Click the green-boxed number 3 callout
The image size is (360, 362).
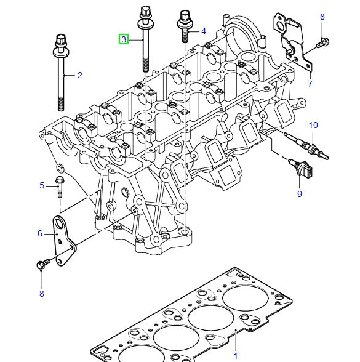tap(124, 39)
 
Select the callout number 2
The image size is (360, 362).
tap(79, 75)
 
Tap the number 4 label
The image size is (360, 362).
tap(204, 30)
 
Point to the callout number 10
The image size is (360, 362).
tap(313, 126)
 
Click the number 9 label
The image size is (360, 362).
tap(300, 194)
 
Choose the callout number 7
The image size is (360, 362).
tap(310, 83)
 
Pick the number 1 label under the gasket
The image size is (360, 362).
tap(234, 356)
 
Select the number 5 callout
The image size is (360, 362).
tap(42, 185)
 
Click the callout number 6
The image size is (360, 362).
tap(40, 233)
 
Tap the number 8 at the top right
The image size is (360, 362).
tap(322, 17)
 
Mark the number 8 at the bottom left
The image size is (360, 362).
tap(42, 294)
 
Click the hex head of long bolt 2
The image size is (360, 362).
tap(61, 42)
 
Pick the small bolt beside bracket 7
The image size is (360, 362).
tap(321, 43)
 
